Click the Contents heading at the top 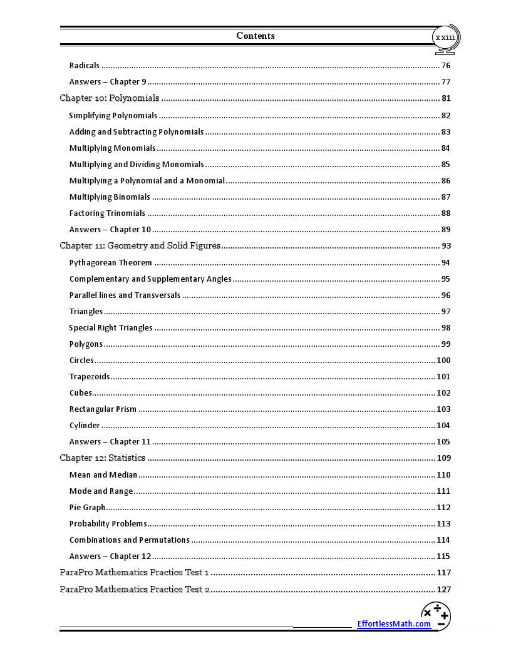coord(255,36)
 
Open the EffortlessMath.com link coord(394,623)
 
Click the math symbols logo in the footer coord(436,616)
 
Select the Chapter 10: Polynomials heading coord(110,98)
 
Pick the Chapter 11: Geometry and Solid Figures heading coord(140,246)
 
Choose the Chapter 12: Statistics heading coord(102,458)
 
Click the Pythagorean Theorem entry coord(111,263)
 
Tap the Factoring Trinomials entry coord(107,213)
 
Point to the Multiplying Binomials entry coord(110,197)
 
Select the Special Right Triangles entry coord(111,328)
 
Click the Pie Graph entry coord(87,508)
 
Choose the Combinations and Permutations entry coord(130,540)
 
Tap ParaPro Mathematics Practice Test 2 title coord(135,590)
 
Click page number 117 coord(443,573)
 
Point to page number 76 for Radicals coord(446,66)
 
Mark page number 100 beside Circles coord(443,361)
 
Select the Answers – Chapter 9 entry coord(108,82)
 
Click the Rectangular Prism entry coord(103,409)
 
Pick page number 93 coord(446,246)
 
